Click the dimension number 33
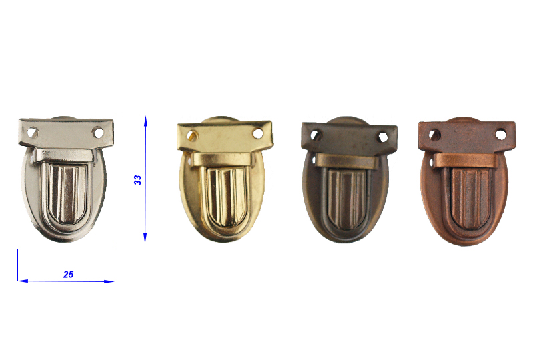(x=138, y=180)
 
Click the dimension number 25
(x=68, y=275)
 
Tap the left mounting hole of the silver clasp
(x=33, y=133)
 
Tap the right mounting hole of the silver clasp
(x=98, y=133)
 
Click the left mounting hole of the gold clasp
(x=192, y=135)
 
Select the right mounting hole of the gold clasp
(x=257, y=133)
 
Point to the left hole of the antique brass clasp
(x=316, y=136)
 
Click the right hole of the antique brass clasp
(x=383, y=137)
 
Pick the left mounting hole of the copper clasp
(x=434, y=135)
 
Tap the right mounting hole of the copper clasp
(x=501, y=135)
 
